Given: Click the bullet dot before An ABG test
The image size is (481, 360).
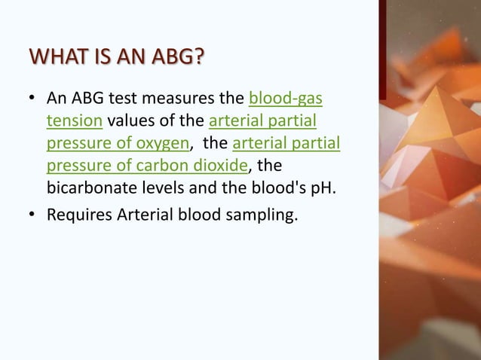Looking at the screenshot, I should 32,99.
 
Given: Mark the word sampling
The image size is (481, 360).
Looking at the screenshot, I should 260,217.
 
